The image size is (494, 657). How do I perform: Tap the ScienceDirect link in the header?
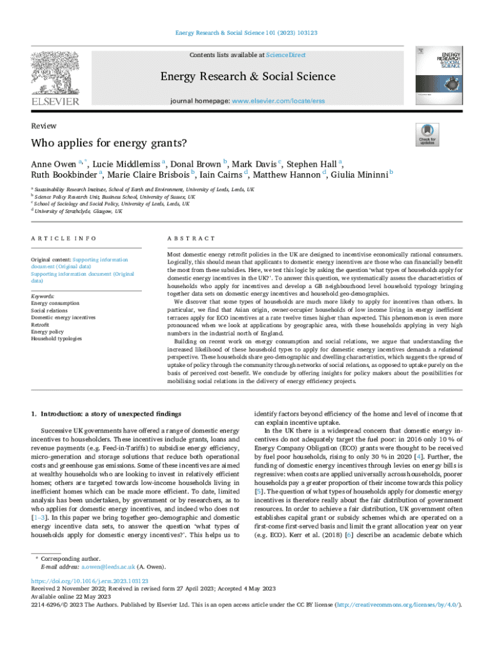(x=286, y=55)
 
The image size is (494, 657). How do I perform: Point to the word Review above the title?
(x=44, y=126)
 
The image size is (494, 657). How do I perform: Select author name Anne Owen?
(x=53, y=163)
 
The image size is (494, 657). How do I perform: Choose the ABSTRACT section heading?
(x=191, y=238)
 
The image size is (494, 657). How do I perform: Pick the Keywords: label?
(x=43, y=296)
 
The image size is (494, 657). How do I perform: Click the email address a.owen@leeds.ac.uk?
(x=108, y=567)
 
